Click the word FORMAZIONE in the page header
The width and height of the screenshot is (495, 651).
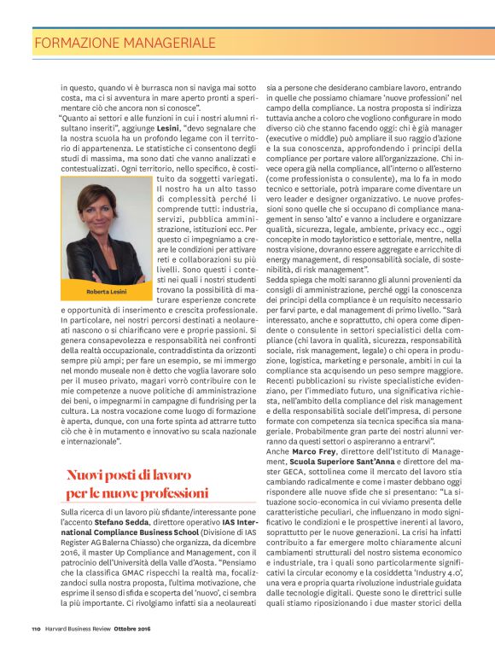coord(78,41)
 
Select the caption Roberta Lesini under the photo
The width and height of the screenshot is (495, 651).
coord(104,290)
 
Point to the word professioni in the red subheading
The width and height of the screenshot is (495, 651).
coord(167,492)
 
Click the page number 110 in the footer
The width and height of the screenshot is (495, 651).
coord(37,629)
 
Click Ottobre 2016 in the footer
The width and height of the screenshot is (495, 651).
coord(150,629)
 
